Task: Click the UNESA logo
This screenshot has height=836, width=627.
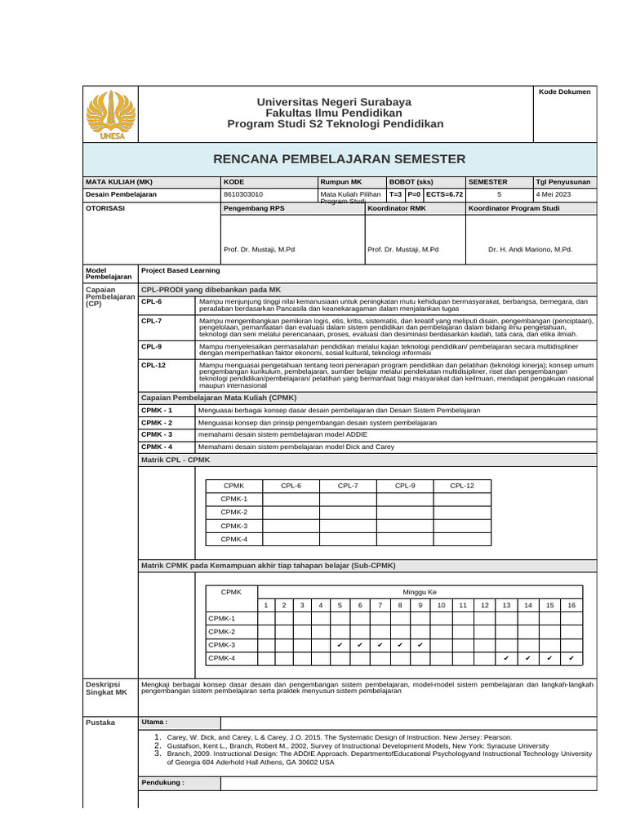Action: [112, 114]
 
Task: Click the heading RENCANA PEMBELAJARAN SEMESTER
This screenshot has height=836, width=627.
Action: [339, 158]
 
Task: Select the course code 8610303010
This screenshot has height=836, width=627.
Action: [243, 194]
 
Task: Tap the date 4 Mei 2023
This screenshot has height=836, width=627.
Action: [553, 194]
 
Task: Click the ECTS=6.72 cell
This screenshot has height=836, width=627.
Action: [444, 194]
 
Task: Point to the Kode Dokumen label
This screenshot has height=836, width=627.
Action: [564, 92]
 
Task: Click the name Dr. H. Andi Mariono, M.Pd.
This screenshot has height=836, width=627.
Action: [530, 249]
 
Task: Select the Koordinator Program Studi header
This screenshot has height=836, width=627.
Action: [514, 208]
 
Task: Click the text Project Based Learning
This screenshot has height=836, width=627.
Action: [180, 270]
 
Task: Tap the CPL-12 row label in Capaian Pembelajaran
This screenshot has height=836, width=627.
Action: [153, 365]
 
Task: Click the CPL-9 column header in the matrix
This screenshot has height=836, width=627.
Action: [405, 486]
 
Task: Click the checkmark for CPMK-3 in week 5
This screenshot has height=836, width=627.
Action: [340, 645]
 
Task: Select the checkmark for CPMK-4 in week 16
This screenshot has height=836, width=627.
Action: [571, 658]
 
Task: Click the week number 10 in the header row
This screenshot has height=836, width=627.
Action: [441, 605]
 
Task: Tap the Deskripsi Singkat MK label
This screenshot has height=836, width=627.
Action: [107, 687]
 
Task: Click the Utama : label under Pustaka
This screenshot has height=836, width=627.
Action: [154, 722]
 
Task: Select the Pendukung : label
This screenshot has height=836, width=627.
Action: [162, 782]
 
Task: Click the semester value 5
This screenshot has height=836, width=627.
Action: [499, 194]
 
